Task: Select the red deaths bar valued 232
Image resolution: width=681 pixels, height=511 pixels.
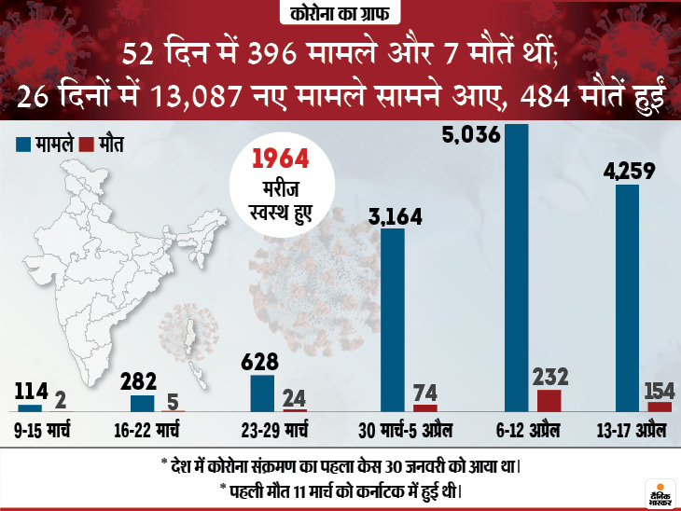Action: (549, 401)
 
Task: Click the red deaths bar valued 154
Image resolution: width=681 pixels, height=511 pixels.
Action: (660, 407)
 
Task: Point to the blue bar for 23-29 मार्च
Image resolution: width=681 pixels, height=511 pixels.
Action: (262, 393)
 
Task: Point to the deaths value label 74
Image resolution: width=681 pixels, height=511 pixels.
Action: (424, 390)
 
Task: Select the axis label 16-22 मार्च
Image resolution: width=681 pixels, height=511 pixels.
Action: (154, 432)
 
